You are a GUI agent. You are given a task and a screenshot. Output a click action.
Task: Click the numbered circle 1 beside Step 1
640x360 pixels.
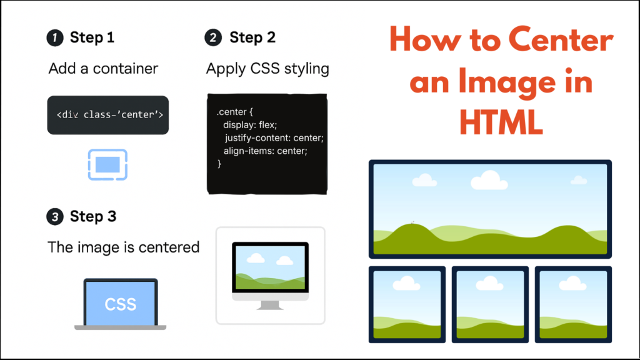(x=55, y=38)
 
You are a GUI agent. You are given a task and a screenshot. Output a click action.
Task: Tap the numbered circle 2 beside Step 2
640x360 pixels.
(x=213, y=38)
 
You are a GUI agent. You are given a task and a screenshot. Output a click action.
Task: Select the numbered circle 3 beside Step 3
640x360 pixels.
(x=55, y=217)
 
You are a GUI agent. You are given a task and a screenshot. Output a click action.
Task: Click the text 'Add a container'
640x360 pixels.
(x=103, y=68)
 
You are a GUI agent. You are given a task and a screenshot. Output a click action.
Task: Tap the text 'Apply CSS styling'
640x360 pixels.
(x=267, y=68)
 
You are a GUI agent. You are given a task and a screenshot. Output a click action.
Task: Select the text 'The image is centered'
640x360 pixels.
(x=124, y=247)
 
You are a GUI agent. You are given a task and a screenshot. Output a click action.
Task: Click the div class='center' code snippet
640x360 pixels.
(x=109, y=115)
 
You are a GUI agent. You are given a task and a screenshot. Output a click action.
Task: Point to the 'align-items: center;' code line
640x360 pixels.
(x=266, y=151)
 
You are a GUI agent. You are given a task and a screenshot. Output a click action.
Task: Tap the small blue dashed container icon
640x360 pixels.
(x=107, y=165)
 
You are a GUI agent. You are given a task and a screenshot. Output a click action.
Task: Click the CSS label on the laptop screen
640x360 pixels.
(x=121, y=304)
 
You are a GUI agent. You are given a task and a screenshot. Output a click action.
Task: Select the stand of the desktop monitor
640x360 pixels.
(x=270, y=305)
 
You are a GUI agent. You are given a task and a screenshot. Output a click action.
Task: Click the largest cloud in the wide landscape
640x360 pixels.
(x=489, y=181)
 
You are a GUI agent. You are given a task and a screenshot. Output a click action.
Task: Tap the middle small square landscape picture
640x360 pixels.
(x=490, y=304)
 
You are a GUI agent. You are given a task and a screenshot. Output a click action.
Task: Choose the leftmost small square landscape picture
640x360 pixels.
(x=407, y=304)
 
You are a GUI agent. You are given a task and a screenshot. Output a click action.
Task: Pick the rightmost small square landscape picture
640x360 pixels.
(x=573, y=304)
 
